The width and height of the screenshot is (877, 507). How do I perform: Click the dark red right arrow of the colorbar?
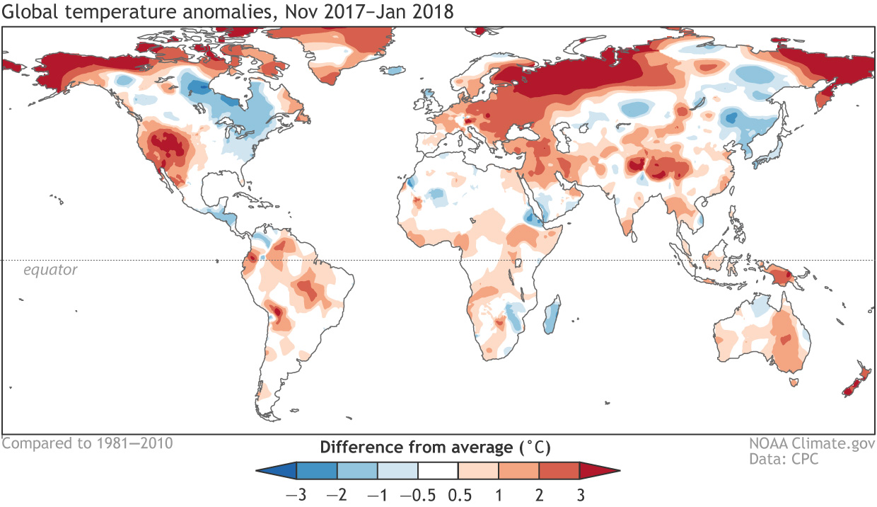point(598,470)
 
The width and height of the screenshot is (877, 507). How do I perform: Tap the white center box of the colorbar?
point(438,470)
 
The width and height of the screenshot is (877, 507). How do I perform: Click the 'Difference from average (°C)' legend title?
point(435,448)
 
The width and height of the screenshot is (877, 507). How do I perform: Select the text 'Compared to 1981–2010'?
point(87,443)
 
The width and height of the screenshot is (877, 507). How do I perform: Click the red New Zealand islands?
point(854,382)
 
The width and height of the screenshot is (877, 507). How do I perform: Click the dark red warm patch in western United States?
point(170,145)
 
